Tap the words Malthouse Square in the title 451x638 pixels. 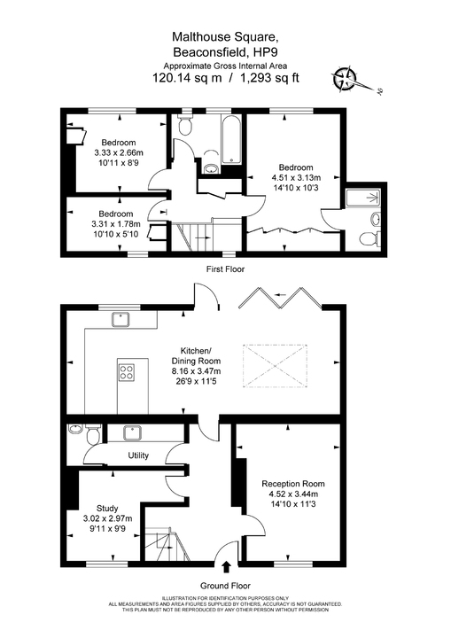coord(225,37)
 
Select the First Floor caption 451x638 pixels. coord(225,268)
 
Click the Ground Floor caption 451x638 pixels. coord(225,586)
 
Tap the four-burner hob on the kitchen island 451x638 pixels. coord(126,372)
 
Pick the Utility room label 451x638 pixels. coord(138,455)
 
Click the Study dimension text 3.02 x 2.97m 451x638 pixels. coord(107,518)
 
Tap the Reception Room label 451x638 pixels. coord(293,484)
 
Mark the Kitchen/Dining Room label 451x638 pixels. coord(197,362)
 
